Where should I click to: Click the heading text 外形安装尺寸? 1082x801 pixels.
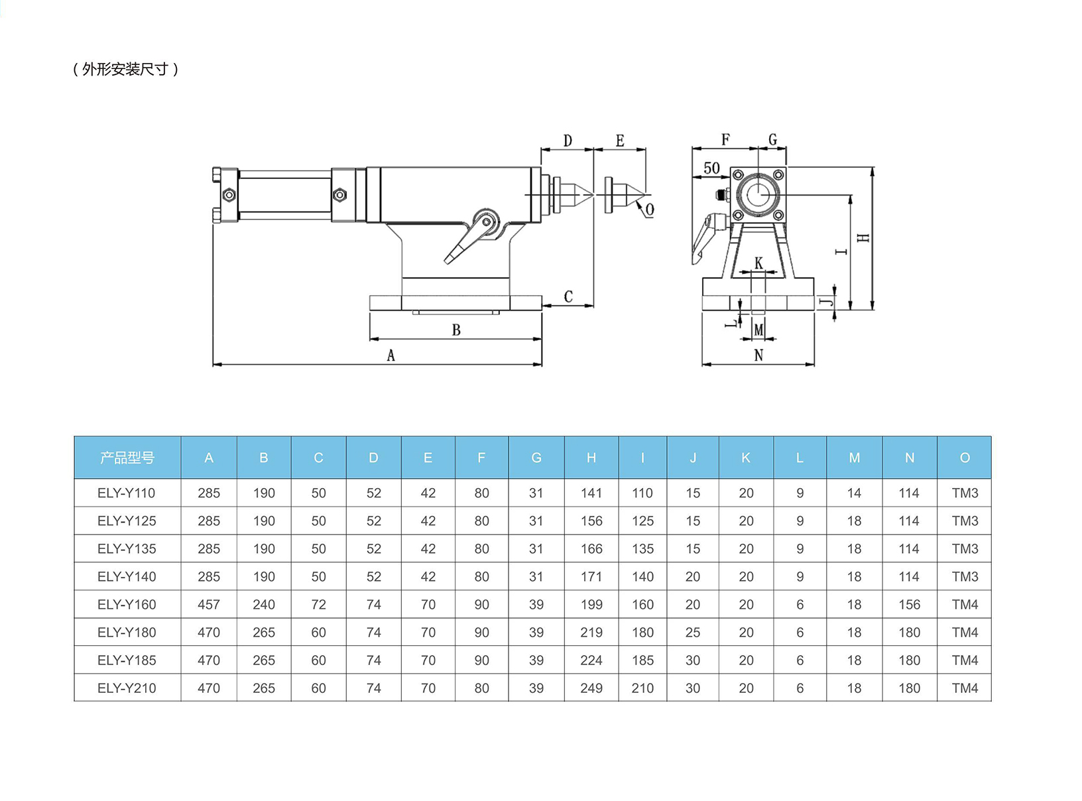pos(125,69)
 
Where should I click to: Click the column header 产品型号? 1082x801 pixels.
pos(127,458)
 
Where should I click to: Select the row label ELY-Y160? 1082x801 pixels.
pos(127,605)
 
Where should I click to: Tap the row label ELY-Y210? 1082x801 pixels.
pos(127,688)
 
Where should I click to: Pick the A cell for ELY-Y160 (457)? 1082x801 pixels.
pos(209,605)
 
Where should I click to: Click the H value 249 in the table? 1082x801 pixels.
pos(591,688)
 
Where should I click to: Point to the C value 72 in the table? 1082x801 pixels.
pos(319,605)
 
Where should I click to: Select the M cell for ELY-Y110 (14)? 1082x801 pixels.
pos(854,493)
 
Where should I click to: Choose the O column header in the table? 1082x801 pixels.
pos(965,458)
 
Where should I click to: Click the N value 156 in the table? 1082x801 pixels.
pos(909,605)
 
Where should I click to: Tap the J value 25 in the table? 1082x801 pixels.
pos(693,633)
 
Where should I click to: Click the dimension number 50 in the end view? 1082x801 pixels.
pos(711,168)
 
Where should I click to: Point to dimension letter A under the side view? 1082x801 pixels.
pos(391,356)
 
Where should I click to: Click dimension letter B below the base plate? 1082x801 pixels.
pos(456,330)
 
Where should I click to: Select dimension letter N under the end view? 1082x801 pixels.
pos(758,355)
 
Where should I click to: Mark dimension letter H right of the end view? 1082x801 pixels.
pos(863,237)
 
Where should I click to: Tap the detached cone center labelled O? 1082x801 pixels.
pos(624,195)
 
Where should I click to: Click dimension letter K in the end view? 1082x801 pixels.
pos(759,263)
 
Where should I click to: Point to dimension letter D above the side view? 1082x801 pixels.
pos(568,141)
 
